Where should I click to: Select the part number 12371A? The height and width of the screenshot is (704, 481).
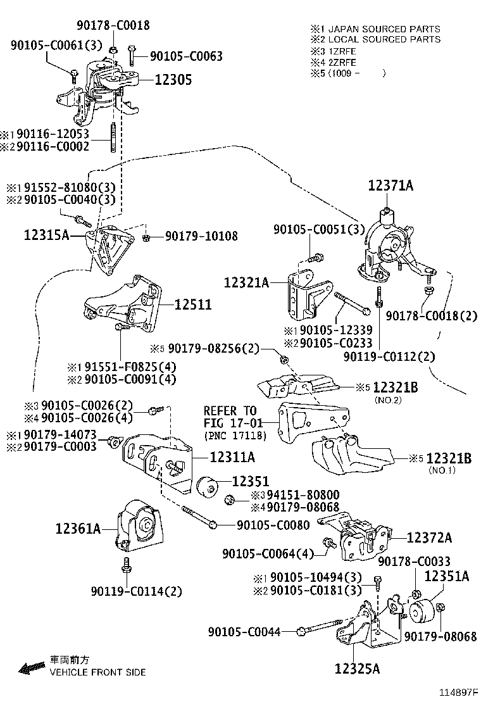pyautogui.click(x=390, y=185)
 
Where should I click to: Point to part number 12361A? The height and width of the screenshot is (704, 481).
pyautogui.click(x=77, y=527)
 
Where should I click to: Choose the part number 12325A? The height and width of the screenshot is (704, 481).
pyautogui.click(x=358, y=669)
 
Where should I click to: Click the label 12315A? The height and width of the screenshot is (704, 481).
pyautogui.click(x=46, y=235)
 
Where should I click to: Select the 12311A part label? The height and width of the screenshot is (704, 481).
pyautogui.click(x=232, y=456)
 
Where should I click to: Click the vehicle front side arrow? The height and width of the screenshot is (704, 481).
pyautogui.click(x=30, y=667)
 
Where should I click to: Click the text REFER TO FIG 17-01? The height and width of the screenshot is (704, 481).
pyautogui.click(x=230, y=417)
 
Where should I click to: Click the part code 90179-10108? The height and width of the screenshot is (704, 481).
pyautogui.click(x=201, y=237)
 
